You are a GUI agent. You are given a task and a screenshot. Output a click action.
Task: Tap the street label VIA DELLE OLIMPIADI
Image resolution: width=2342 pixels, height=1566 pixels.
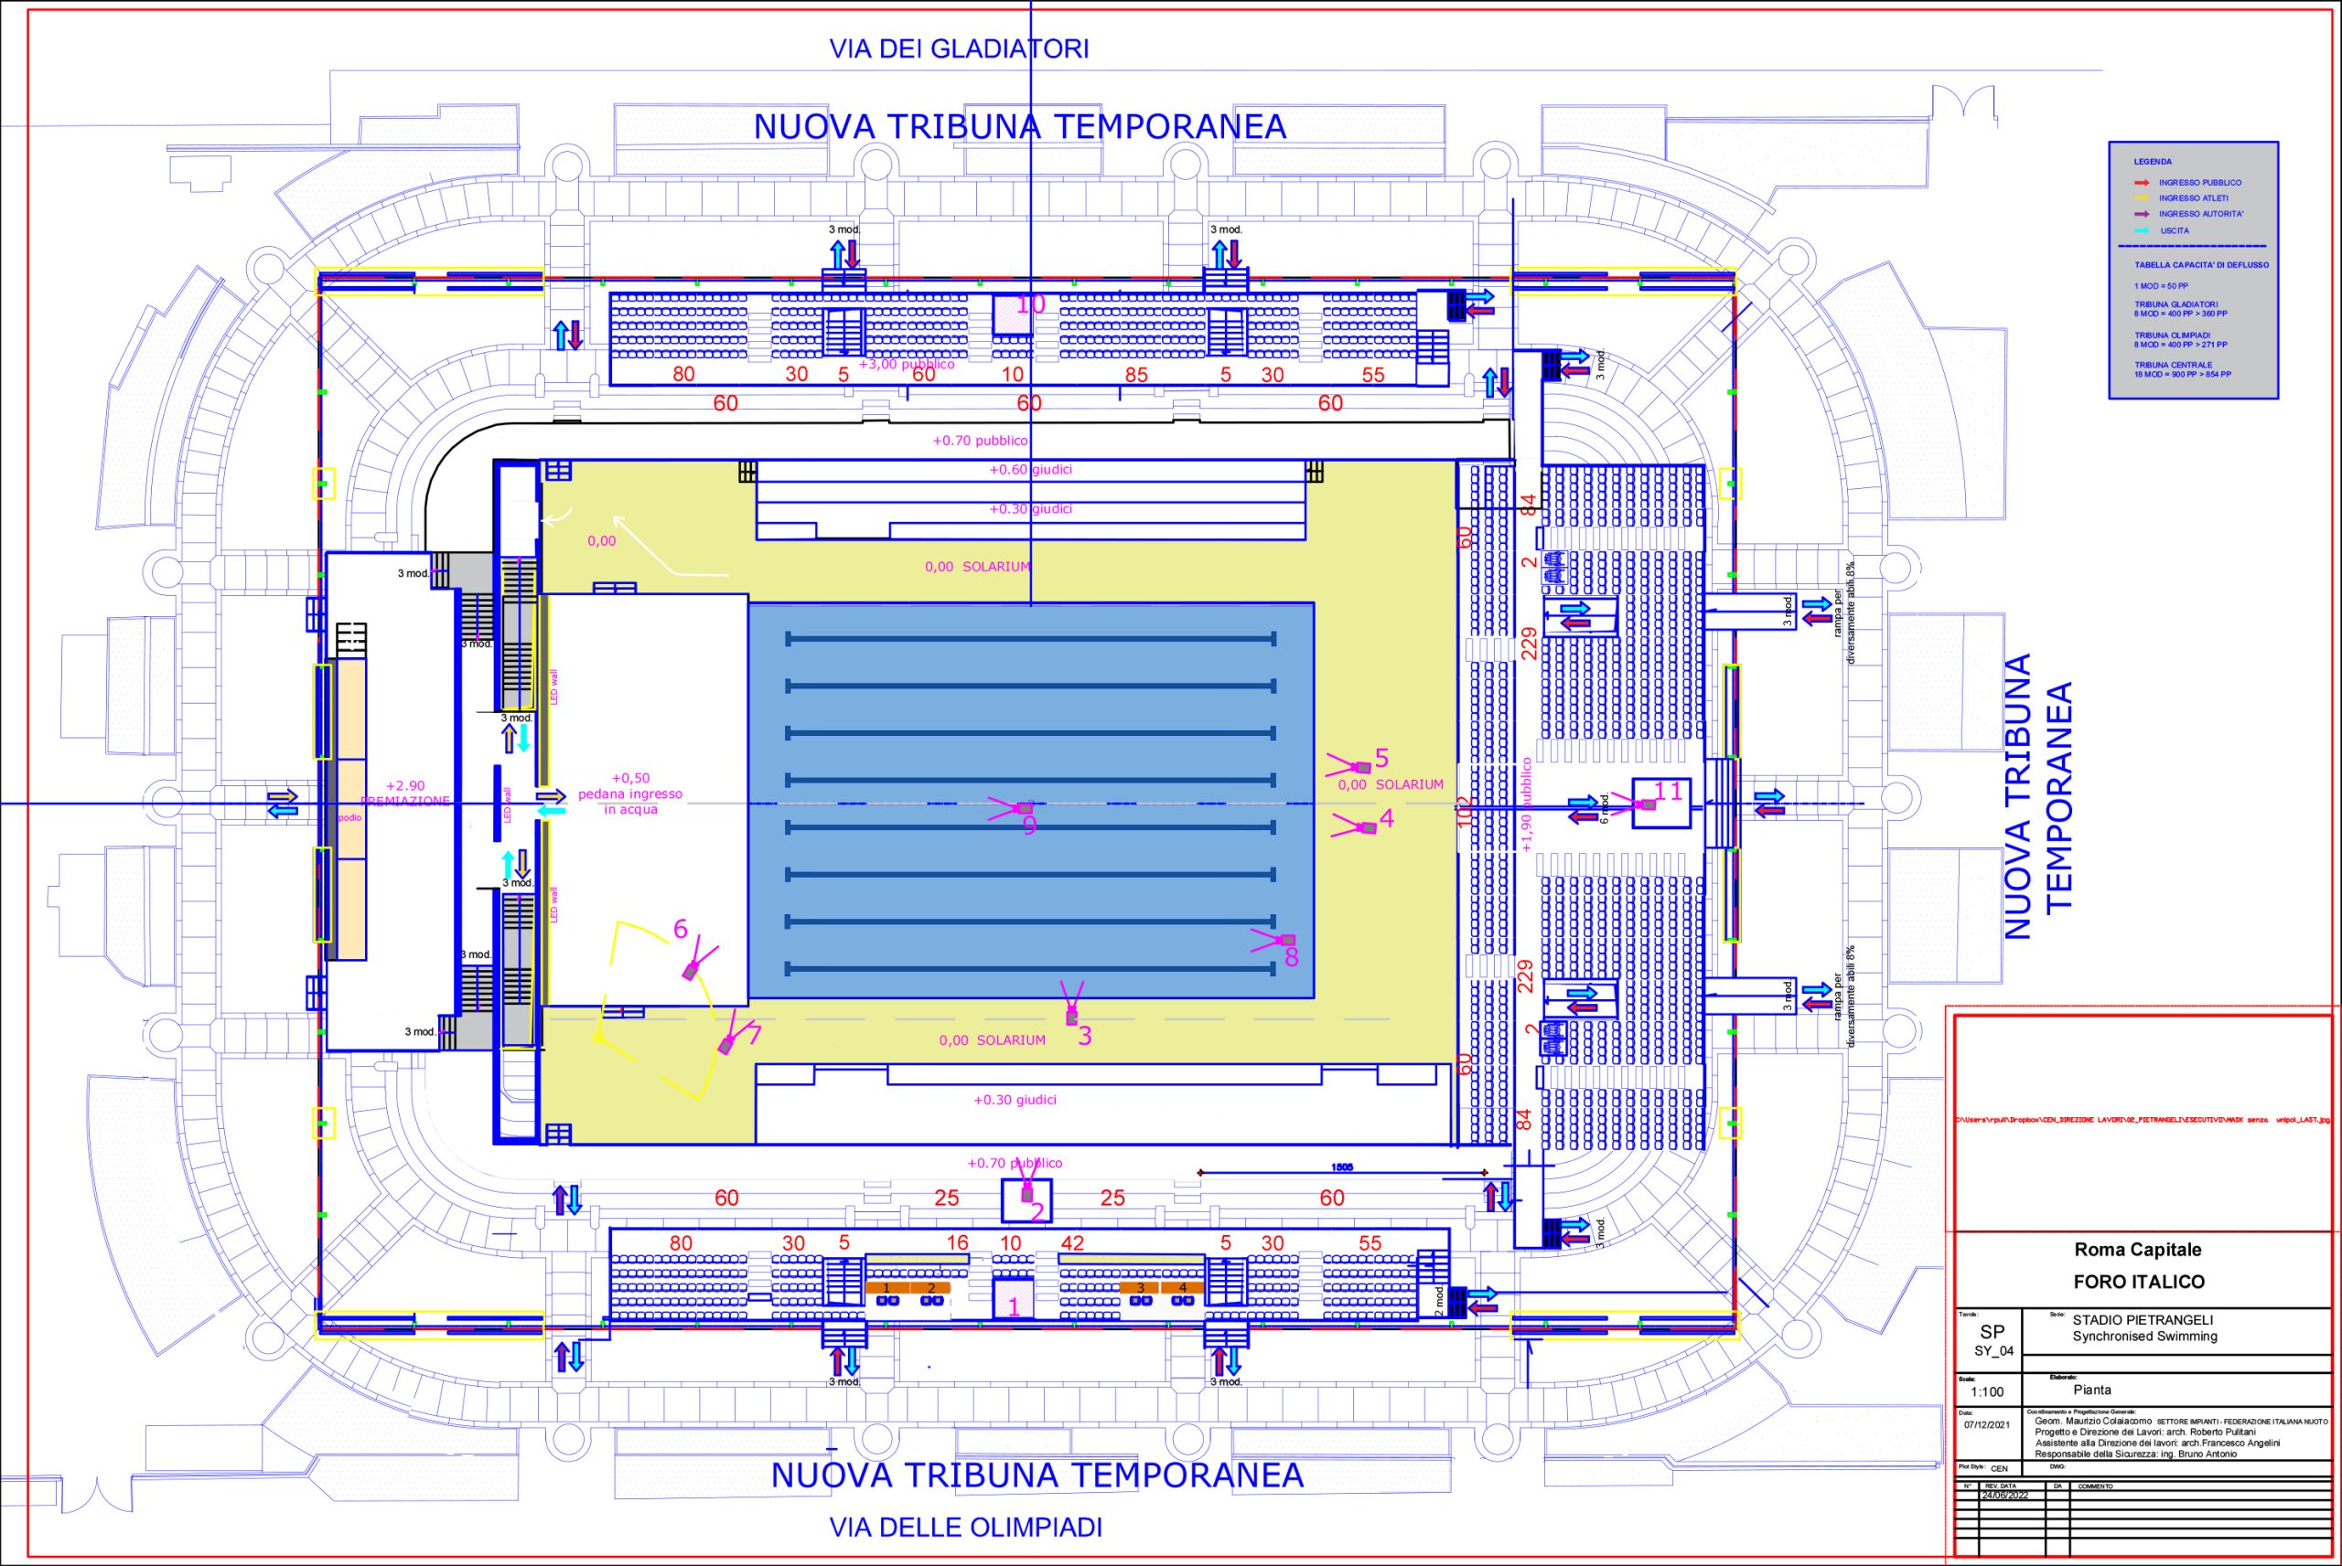(x=965, y=1527)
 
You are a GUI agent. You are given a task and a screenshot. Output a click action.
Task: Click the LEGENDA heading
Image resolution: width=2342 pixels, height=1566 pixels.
(x=2152, y=162)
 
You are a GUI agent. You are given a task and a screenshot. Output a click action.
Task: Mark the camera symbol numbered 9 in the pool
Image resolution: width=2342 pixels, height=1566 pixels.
(x=1023, y=807)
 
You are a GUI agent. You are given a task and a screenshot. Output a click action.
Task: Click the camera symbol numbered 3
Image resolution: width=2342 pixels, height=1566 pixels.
(x=1071, y=1017)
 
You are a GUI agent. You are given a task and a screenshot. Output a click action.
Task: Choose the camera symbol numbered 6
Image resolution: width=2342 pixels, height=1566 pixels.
(x=691, y=970)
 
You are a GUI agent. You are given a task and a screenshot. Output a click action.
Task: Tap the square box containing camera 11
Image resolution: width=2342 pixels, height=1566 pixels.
(x=1660, y=803)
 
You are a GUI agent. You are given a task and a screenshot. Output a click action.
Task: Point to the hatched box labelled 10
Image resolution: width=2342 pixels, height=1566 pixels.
(x=1011, y=314)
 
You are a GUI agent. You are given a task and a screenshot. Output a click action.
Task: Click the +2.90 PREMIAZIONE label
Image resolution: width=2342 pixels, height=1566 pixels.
(x=405, y=793)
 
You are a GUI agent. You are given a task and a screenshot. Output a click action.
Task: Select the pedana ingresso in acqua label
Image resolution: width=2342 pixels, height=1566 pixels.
(x=630, y=794)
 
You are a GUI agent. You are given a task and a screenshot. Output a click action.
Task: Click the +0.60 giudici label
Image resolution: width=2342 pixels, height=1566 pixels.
(x=1030, y=469)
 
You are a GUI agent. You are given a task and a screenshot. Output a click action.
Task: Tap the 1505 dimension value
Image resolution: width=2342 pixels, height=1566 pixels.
(x=1342, y=1167)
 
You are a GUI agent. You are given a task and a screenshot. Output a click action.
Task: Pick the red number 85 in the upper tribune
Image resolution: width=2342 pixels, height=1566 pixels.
(x=1136, y=376)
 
